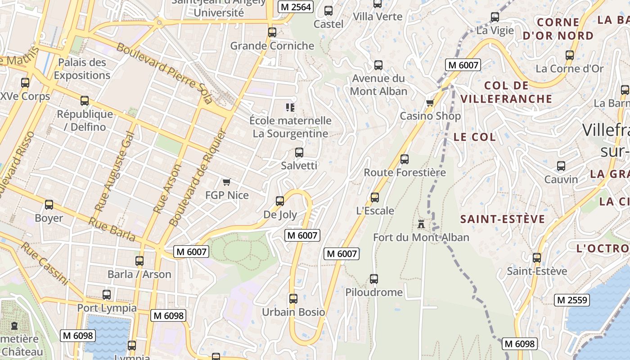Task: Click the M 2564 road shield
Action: [x=295, y=7]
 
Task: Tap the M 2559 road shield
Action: [x=571, y=300]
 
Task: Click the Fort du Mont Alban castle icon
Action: [x=421, y=224]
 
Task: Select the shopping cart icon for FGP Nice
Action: [x=227, y=182]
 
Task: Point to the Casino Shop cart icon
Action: [x=430, y=103]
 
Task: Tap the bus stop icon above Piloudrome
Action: [x=374, y=279]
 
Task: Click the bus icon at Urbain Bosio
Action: [x=293, y=298]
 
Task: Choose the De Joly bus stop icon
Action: [x=280, y=201]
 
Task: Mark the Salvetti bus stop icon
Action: [x=299, y=152]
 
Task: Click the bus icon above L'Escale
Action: [x=375, y=197]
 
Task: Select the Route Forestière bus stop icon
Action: [x=405, y=159]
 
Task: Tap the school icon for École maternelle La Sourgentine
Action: [x=290, y=107]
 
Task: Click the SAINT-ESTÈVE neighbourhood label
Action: [x=503, y=220]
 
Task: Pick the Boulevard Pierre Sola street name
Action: [x=164, y=73]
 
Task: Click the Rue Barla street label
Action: [x=112, y=229]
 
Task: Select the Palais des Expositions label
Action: [x=82, y=69]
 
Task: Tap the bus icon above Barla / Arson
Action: [x=139, y=261]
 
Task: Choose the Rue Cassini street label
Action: [x=45, y=264]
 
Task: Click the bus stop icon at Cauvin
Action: [x=561, y=166]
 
